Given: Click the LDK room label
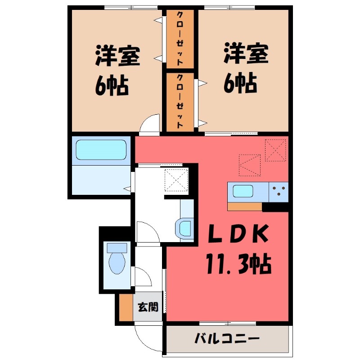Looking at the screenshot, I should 238,234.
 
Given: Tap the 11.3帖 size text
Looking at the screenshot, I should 238,264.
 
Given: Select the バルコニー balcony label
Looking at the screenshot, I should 227,339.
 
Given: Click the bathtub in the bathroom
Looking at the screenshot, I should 101,149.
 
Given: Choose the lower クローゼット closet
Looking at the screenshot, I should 180,102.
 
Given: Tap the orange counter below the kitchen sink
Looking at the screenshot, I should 245,207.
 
